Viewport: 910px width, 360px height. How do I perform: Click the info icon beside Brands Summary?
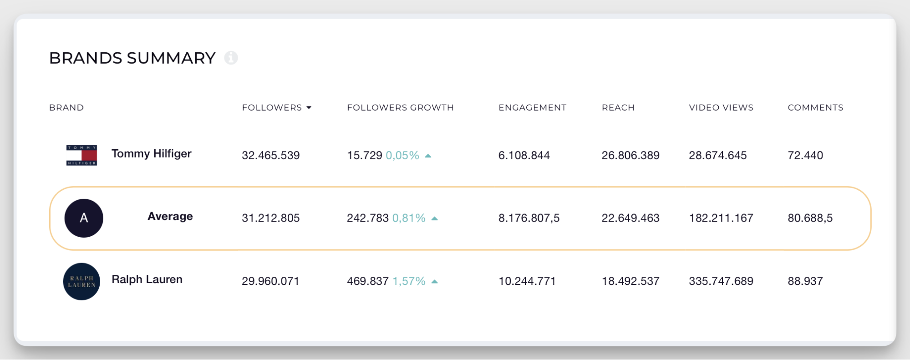[231, 58]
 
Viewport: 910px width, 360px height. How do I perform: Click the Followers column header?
[272, 107]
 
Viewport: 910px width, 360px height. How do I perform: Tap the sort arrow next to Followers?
[309, 108]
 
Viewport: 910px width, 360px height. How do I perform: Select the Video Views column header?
[721, 107]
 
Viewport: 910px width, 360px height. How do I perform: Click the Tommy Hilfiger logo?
[81, 155]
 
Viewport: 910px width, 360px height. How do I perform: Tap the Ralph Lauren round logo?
[81, 281]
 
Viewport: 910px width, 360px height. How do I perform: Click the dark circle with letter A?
[84, 218]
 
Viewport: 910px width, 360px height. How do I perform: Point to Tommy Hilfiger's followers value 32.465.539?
[270, 155]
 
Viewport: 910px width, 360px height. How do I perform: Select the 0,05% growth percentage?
[402, 155]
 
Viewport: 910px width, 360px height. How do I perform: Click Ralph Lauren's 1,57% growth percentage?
[409, 281]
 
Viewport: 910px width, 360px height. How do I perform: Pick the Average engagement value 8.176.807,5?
[529, 218]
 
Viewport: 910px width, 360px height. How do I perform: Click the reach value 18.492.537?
[630, 281]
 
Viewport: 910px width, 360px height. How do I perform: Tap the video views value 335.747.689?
[721, 281]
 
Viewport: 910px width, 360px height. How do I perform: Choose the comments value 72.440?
[805, 155]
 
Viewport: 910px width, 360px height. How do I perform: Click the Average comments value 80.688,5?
[810, 218]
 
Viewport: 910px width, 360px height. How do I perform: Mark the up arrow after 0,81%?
[435, 218]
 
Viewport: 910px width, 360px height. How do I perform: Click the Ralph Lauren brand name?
[147, 279]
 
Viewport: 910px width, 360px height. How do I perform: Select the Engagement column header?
[532, 107]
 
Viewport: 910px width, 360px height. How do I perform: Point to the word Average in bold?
[170, 216]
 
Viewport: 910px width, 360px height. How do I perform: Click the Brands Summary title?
[132, 58]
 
